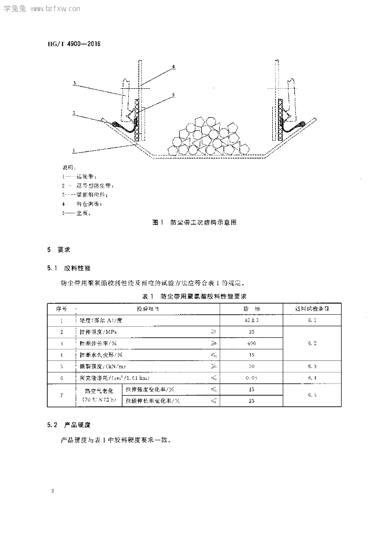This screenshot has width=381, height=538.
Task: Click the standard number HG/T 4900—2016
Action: tap(70, 44)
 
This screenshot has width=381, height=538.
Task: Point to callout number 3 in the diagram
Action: tap(75, 83)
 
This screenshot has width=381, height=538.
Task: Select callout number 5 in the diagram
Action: tap(173, 96)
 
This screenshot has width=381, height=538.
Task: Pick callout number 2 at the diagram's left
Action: tap(75, 113)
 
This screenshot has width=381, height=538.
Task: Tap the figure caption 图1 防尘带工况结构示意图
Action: tap(194, 223)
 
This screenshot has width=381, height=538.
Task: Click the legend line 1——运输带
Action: tap(79, 177)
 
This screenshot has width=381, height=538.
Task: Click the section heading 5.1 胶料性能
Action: tap(69, 268)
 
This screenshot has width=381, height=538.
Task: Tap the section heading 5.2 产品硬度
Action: tap(69, 423)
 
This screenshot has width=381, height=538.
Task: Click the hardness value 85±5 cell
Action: tap(251, 320)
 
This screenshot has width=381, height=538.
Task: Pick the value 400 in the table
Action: tap(251, 343)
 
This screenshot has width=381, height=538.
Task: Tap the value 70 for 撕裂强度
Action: tap(251, 366)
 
